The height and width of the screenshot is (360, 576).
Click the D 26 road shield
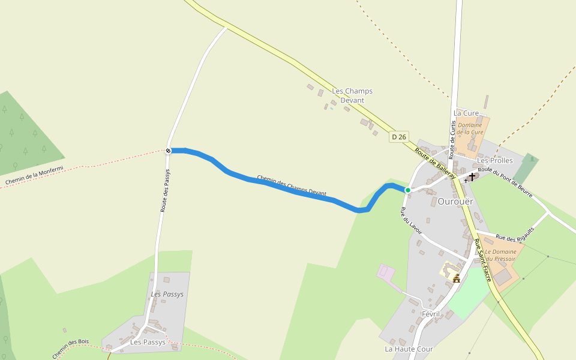pos(399,137)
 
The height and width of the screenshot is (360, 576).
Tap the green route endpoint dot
pos(408,190)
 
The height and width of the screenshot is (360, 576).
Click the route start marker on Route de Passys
pos(168,151)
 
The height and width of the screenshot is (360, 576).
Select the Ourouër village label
pos(455,202)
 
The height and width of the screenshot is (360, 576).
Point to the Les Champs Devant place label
pos(352,95)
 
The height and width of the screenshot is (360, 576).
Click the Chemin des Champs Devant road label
pos(292,186)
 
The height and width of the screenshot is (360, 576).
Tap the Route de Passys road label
pos(166,190)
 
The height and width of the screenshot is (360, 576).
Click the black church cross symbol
pos(472,177)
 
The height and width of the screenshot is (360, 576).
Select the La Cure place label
pos(466,113)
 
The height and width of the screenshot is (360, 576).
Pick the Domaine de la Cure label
pos(470,128)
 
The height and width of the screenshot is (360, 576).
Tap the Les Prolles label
pos(495,161)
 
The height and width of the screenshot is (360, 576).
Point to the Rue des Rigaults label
pos(515,231)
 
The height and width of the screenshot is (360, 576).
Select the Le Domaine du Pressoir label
pos(500,255)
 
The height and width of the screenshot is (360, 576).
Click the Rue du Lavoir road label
pos(412,221)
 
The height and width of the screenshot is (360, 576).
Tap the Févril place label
pos(431,314)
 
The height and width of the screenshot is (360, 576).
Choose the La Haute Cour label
pos(409,349)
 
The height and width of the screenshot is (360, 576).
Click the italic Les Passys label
pos(167,295)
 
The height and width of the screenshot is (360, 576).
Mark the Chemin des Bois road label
pos(70,349)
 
